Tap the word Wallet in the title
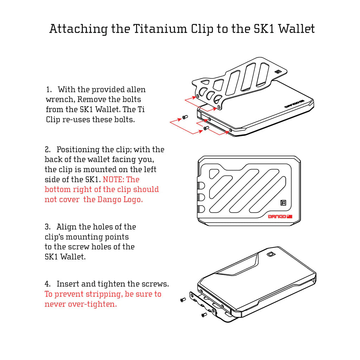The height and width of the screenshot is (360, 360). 296,28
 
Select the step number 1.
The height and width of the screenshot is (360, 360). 49,90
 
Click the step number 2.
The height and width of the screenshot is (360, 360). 47,150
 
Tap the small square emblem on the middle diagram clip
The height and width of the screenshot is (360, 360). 283,202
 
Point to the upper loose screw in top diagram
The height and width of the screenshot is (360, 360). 184,117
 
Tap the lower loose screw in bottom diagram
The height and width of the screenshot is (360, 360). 204,315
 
